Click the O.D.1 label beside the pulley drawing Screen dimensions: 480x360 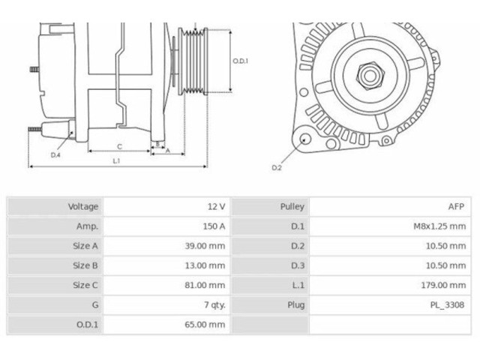[x=240, y=61]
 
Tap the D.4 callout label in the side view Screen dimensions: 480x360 [x=55, y=155]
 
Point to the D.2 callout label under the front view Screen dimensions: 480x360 [x=277, y=168]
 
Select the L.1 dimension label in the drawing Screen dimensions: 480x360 [x=116, y=161]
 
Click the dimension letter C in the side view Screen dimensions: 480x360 [x=120, y=147]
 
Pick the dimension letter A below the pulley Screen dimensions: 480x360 [x=168, y=151]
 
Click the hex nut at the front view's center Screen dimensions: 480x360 [x=370, y=76]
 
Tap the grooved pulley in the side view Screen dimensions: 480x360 [x=193, y=61]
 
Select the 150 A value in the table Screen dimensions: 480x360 [x=214, y=226]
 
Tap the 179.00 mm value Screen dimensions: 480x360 [x=443, y=285]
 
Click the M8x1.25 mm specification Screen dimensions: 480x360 [x=439, y=226]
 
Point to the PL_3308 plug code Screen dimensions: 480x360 [x=447, y=305]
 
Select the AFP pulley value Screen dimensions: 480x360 [x=456, y=207]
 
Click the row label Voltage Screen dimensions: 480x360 [x=83, y=207]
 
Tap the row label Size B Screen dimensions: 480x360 [x=85, y=265]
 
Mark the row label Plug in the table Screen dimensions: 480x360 [x=296, y=305]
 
